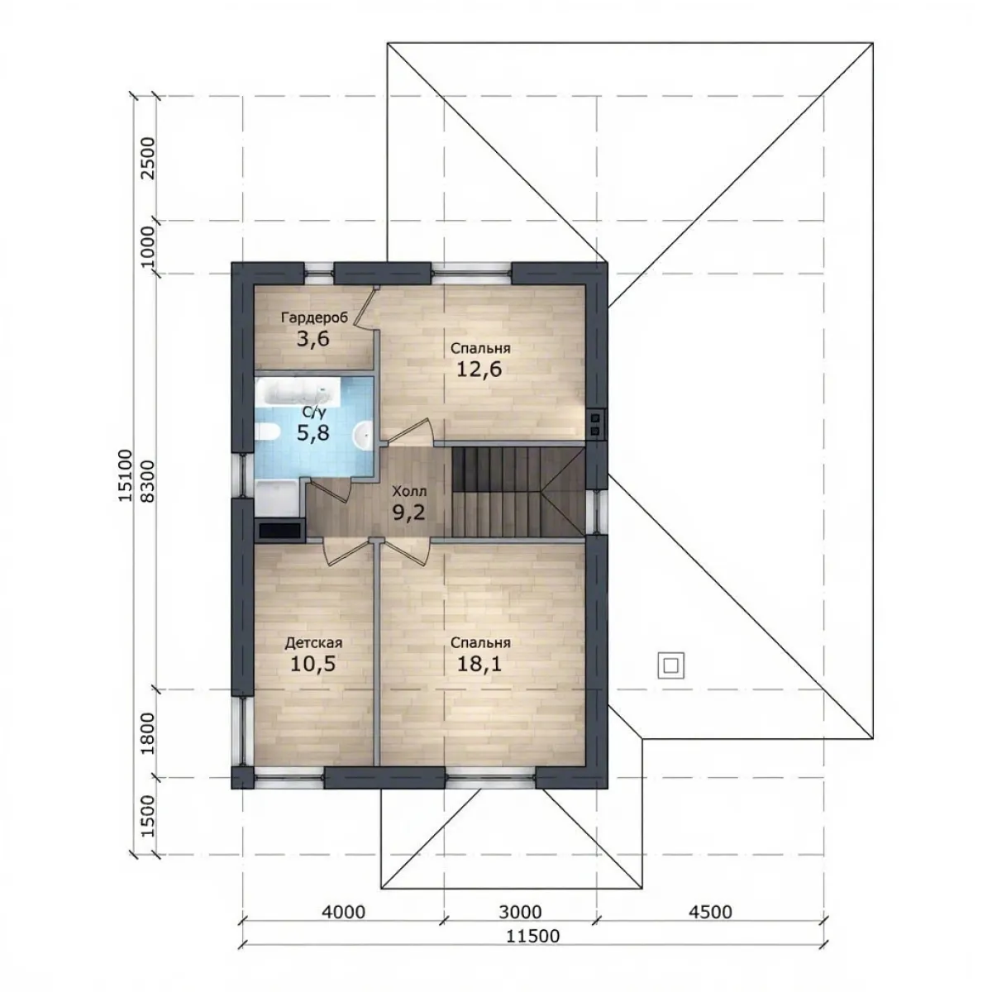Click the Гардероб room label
pos(314,317)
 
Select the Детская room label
pos(313,643)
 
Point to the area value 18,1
pos(479,664)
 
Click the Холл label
pos(409,491)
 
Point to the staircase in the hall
pos(518,492)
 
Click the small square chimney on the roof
pos(670,665)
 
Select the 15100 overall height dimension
pos(126,475)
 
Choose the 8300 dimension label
pos(148,481)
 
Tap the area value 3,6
pos(313,339)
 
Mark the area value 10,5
pos(313,664)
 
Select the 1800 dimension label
pos(148,733)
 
